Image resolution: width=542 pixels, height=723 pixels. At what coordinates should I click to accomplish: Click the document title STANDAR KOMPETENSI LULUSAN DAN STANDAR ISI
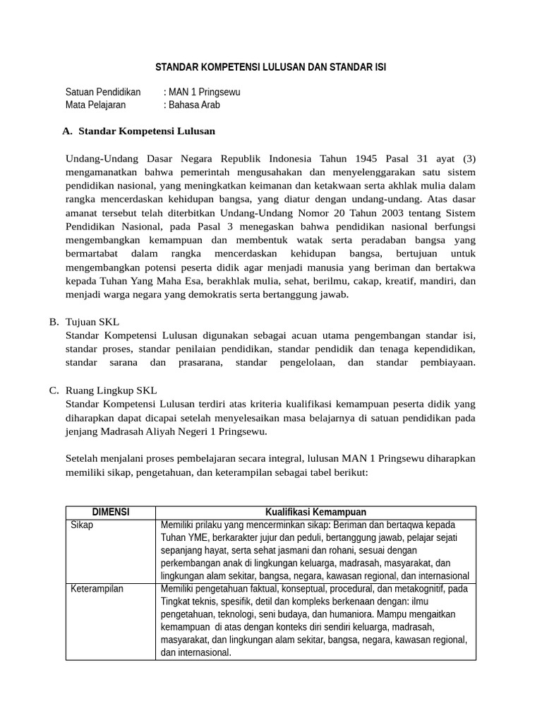click(270, 67)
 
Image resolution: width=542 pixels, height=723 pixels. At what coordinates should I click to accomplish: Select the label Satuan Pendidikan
click(103, 92)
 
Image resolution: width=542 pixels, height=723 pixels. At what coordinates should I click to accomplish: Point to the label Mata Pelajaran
click(95, 104)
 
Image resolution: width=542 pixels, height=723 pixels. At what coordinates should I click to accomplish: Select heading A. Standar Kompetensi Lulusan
click(139, 131)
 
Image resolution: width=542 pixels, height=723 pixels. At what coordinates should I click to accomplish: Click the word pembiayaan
click(445, 362)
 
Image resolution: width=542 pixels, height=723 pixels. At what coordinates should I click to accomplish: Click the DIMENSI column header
click(110, 512)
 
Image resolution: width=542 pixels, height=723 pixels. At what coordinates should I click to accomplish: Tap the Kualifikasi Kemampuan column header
click(315, 512)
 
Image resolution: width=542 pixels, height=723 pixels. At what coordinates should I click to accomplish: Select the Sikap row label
click(82, 525)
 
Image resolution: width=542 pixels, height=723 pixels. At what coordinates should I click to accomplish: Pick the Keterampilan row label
click(97, 589)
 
